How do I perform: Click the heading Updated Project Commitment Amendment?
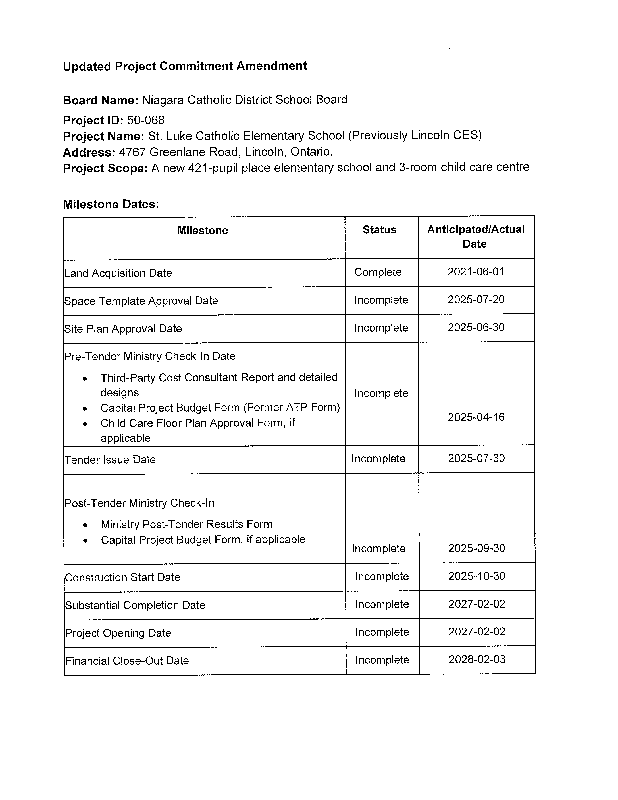[185, 66]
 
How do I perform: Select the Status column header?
[379, 230]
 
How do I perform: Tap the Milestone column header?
[203, 230]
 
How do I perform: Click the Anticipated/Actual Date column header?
[475, 237]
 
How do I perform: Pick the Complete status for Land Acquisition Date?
[378, 272]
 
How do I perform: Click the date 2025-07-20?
[476, 300]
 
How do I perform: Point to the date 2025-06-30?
[476, 327]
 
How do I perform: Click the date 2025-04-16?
[476, 417]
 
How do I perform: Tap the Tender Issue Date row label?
[110, 459]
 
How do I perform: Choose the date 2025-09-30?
[476, 548]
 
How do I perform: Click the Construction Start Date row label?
[122, 577]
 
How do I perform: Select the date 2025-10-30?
[476, 576]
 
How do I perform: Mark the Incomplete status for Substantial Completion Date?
[382, 604]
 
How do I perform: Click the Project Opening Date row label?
[118, 633]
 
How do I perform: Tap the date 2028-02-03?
[476, 660]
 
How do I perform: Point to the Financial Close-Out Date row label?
[126, 661]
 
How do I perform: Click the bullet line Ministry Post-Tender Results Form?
[187, 524]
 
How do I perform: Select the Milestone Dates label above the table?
[111, 204]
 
